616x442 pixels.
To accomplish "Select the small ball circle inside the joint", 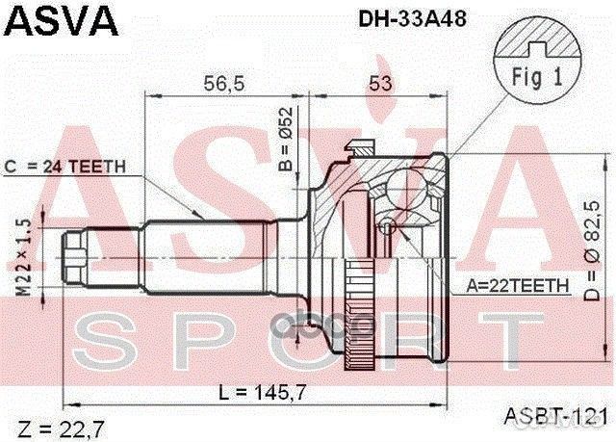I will pyautogui.click(x=386, y=227).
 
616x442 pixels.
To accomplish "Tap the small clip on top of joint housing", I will pyautogui.click(x=360, y=147).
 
